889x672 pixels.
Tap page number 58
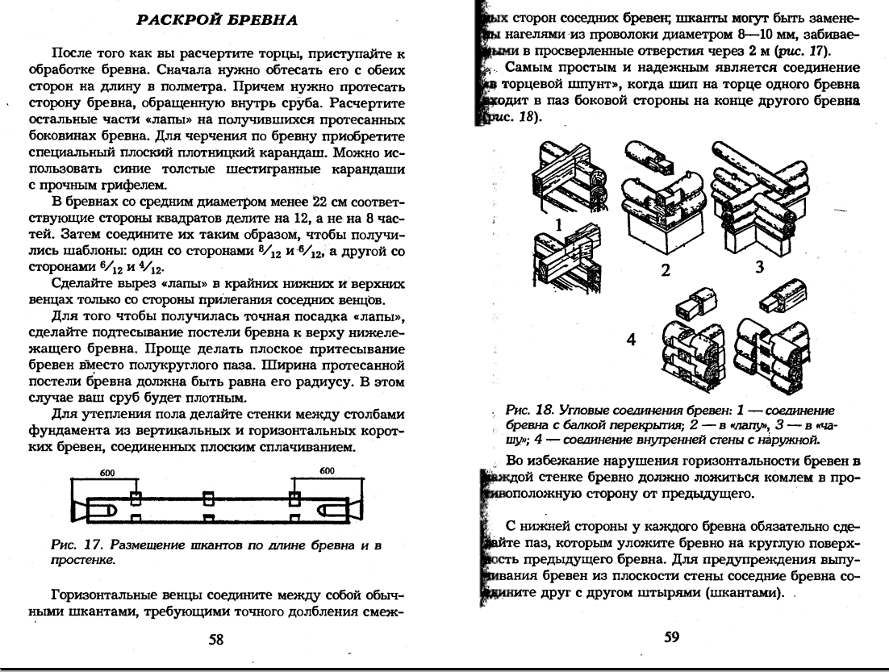click(216, 639)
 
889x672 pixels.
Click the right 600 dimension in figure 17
click(327, 471)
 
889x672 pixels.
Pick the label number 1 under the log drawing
click(556, 226)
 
